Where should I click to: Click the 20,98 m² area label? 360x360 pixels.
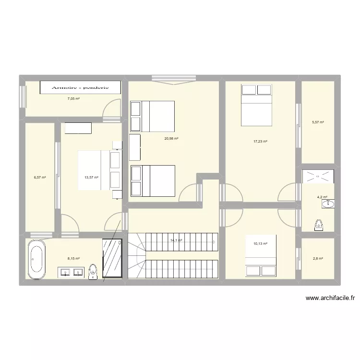click(171, 139)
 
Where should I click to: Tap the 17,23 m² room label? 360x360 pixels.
click(260, 141)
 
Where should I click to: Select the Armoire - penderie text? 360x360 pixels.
click(74, 87)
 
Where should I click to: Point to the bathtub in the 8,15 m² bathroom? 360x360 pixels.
click(36, 259)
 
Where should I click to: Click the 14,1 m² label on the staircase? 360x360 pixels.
click(175, 240)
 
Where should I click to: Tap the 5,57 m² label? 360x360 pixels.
click(318, 122)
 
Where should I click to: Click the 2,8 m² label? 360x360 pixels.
click(318, 259)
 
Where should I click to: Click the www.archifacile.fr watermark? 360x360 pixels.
click(330, 298)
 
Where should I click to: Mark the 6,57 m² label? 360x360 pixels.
click(40, 177)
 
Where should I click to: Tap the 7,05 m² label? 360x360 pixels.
click(73, 98)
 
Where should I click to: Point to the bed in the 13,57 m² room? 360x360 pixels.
click(94, 170)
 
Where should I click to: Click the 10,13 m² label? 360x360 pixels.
click(260, 243)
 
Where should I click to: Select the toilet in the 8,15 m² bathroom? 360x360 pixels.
click(93, 271)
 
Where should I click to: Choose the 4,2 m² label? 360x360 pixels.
click(322, 197)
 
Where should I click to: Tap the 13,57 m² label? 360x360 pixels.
click(91, 177)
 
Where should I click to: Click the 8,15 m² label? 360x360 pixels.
click(73, 258)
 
